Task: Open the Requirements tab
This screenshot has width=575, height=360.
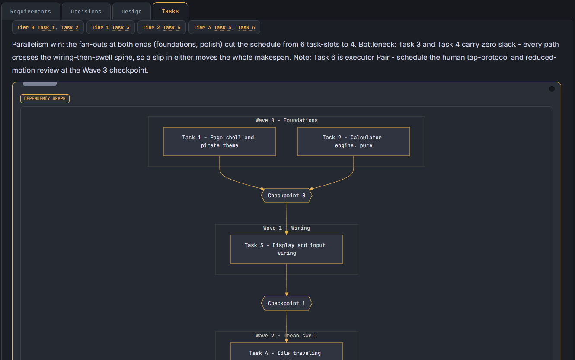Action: click(31, 12)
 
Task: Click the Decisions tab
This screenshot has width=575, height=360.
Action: click(86, 12)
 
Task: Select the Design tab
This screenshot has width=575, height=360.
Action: click(131, 12)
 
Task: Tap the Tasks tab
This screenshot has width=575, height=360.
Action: click(170, 11)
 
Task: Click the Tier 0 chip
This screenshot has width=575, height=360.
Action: click(48, 27)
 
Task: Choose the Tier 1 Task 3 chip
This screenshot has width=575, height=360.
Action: click(111, 27)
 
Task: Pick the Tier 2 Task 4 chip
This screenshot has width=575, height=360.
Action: click(161, 27)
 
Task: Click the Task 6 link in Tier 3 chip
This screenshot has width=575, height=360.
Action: click(246, 27)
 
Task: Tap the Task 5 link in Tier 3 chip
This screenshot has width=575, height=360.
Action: click(223, 27)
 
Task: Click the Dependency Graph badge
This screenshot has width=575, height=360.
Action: click(45, 99)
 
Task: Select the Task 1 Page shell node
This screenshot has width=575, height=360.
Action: click(220, 141)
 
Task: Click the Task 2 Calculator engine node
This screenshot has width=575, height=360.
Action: click(354, 141)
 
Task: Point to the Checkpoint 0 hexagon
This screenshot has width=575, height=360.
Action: click(287, 196)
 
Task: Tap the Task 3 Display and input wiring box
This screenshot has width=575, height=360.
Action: click(287, 249)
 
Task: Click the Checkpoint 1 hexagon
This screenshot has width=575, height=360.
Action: click(287, 303)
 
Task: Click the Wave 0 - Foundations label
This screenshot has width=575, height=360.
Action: click(287, 120)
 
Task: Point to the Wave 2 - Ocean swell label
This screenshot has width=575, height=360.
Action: click(287, 336)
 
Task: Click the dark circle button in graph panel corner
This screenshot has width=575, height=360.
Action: click(552, 89)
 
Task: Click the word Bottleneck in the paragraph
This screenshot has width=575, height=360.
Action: click(377, 45)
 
